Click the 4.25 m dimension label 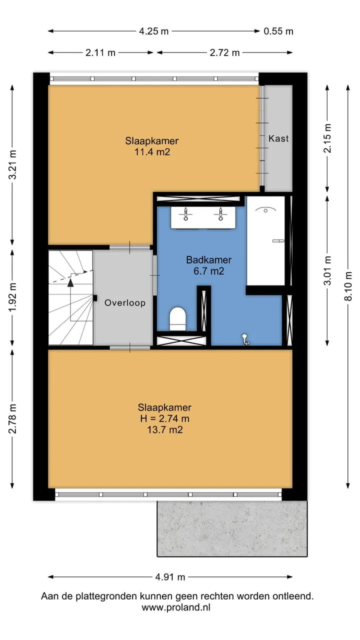coord(153,31)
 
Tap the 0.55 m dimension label coord(278,31)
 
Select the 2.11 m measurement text coord(100,52)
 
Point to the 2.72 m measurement coord(224,52)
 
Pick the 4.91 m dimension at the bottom coord(170,577)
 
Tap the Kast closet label coord(278,138)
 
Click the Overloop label coord(125,302)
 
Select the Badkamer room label coord(209,259)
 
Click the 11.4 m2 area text coord(152,151)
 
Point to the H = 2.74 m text coord(164,418)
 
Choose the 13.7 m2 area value coord(165,429)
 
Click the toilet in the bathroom coord(177,319)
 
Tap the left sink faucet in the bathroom coord(185,213)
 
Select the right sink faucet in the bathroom coord(220,213)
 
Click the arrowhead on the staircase coord(70,283)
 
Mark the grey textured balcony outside coord(232,528)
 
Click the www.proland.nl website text coord(176,607)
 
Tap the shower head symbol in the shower coord(265,210)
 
